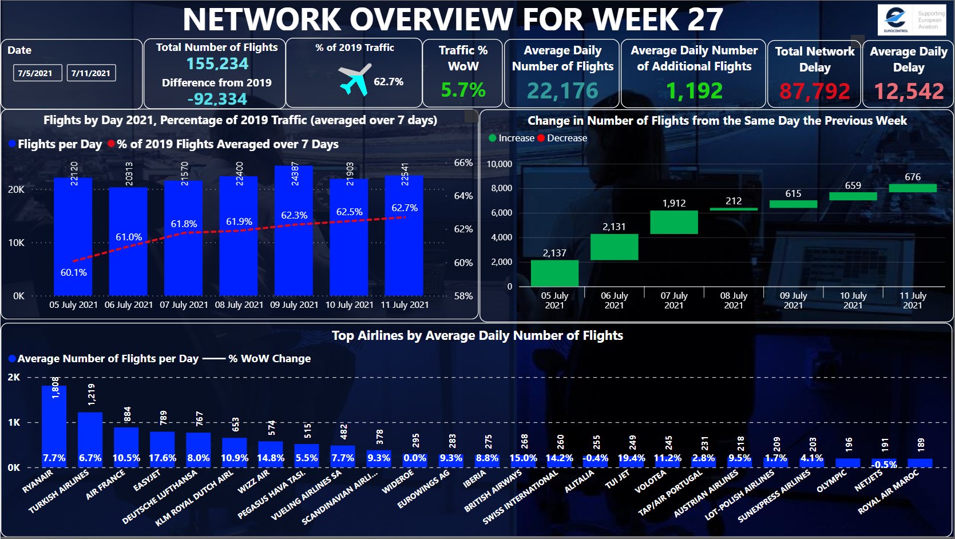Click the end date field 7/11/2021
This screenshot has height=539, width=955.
pyautogui.click(x=91, y=73)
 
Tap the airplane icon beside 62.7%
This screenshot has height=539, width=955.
pyautogui.click(x=355, y=80)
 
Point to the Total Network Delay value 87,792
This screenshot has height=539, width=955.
pyautogui.click(x=814, y=91)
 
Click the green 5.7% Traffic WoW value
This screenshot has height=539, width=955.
pyautogui.click(x=463, y=90)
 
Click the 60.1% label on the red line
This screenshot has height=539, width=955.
pyautogui.click(x=74, y=272)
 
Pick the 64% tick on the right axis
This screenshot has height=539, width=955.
pyautogui.click(x=463, y=196)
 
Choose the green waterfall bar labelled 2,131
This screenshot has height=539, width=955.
pyautogui.click(x=614, y=247)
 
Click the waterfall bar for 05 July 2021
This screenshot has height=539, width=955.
pyautogui.click(x=554, y=273)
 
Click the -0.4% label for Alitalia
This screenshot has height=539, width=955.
pyautogui.click(x=595, y=458)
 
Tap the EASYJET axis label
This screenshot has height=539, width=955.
pyautogui.click(x=148, y=480)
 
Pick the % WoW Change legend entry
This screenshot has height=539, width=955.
pyautogui.click(x=269, y=359)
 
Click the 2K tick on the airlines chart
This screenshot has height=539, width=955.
pyautogui.click(x=14, y=378)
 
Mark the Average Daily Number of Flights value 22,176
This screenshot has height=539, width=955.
pyautogui.click(x=562, y=91)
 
